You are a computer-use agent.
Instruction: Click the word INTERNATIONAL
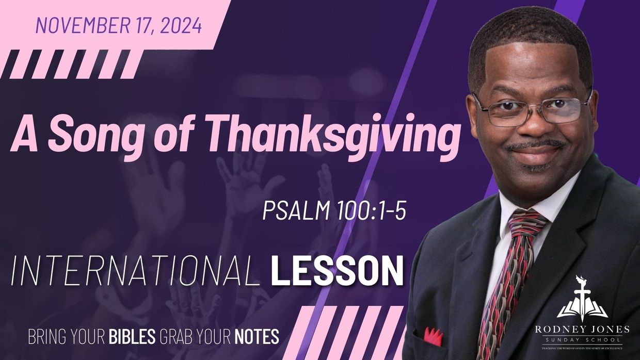(135, 272)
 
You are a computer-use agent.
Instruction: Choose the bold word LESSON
(337, 272)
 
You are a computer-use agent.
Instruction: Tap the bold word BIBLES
(132, 336)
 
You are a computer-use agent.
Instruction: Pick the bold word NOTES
(257, 336)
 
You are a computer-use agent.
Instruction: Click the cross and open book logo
(582, 300)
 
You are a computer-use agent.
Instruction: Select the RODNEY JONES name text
(582, 330)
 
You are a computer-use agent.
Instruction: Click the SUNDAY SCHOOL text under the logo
(582, 340)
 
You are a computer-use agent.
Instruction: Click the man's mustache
(534, 144)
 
